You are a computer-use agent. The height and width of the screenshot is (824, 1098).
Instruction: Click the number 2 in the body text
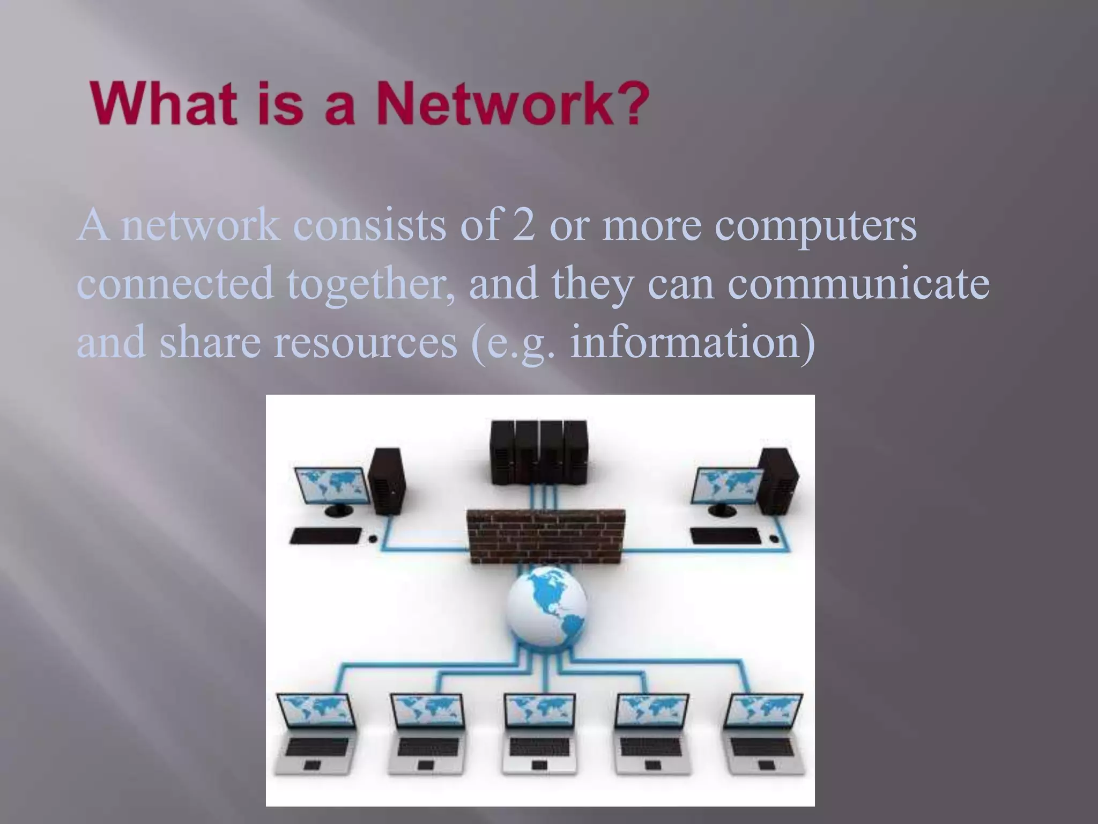(x=524, y=226)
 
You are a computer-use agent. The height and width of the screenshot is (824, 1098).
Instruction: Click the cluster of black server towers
(x=539, y=453)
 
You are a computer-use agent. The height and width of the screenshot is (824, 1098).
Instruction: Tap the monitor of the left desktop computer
(x=333, y=489)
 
